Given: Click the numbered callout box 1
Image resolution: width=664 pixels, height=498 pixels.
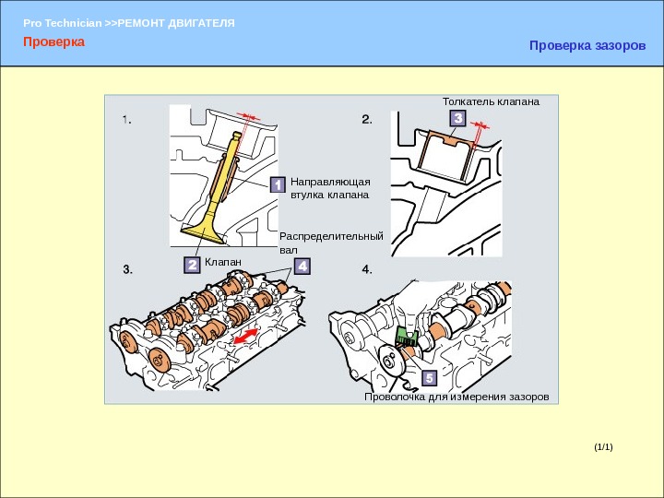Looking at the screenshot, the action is pos(276,186).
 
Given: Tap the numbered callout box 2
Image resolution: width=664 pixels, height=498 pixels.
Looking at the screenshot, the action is pos(192,265).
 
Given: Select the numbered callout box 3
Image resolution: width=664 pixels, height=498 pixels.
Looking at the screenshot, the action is pos(458,118).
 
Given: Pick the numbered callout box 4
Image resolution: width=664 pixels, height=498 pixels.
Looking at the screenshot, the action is pos(302,266).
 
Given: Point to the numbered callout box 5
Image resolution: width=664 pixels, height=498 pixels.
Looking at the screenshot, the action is pos(428,379).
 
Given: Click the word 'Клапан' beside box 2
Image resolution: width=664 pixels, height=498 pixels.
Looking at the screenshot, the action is pos(222,263).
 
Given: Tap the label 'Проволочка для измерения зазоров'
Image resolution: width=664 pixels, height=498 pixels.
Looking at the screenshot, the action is pos(456,397).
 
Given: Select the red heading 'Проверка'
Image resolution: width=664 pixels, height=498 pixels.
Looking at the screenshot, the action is pos(54,41).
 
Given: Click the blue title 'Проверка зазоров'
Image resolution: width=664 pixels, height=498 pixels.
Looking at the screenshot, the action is pos(587,45).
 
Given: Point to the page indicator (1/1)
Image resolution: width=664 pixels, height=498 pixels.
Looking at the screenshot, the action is pos(603,447).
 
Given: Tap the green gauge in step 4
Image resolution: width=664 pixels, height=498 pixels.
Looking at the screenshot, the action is pos(407,338).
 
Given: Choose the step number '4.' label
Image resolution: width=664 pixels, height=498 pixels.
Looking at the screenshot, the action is pos(367,269).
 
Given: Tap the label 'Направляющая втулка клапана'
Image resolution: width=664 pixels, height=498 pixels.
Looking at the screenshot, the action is pos(329,188).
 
